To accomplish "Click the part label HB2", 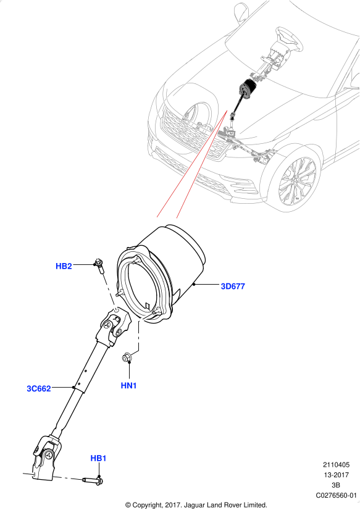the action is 64,266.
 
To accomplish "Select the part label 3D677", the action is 233,286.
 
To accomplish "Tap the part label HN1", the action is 129,385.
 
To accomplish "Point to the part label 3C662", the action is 39,388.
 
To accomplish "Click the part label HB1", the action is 98,458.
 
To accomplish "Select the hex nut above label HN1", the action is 127,357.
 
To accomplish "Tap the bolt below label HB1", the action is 93,480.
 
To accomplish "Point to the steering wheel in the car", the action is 289,38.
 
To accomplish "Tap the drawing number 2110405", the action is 336,465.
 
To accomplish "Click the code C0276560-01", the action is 337,495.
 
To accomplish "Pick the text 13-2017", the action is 337,475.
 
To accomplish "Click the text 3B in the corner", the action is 336,485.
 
